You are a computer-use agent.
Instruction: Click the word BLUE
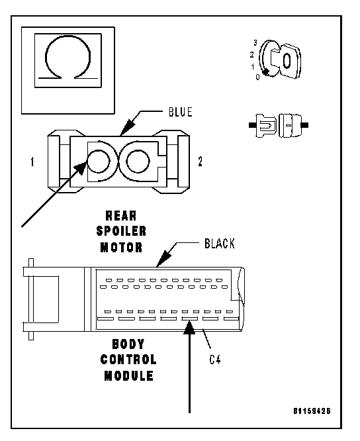181,112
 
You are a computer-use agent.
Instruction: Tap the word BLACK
220,244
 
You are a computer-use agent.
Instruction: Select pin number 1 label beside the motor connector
32,162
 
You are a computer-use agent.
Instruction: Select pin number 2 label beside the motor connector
200,162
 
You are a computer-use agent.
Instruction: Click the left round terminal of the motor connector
99,161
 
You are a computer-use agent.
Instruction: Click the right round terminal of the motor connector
138,161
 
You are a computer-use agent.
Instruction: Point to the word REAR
121,216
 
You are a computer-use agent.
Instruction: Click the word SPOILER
121,231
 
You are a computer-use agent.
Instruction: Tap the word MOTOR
121,247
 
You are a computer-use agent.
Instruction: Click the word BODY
128,344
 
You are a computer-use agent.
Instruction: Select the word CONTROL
128,360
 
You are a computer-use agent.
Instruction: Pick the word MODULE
128,375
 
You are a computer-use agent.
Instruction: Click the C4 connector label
215,360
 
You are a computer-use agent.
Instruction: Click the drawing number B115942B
312,411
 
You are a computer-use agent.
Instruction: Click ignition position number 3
255,43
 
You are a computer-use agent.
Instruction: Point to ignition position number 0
257,77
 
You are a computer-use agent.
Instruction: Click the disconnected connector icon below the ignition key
279,125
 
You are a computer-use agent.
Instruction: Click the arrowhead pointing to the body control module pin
189,328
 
